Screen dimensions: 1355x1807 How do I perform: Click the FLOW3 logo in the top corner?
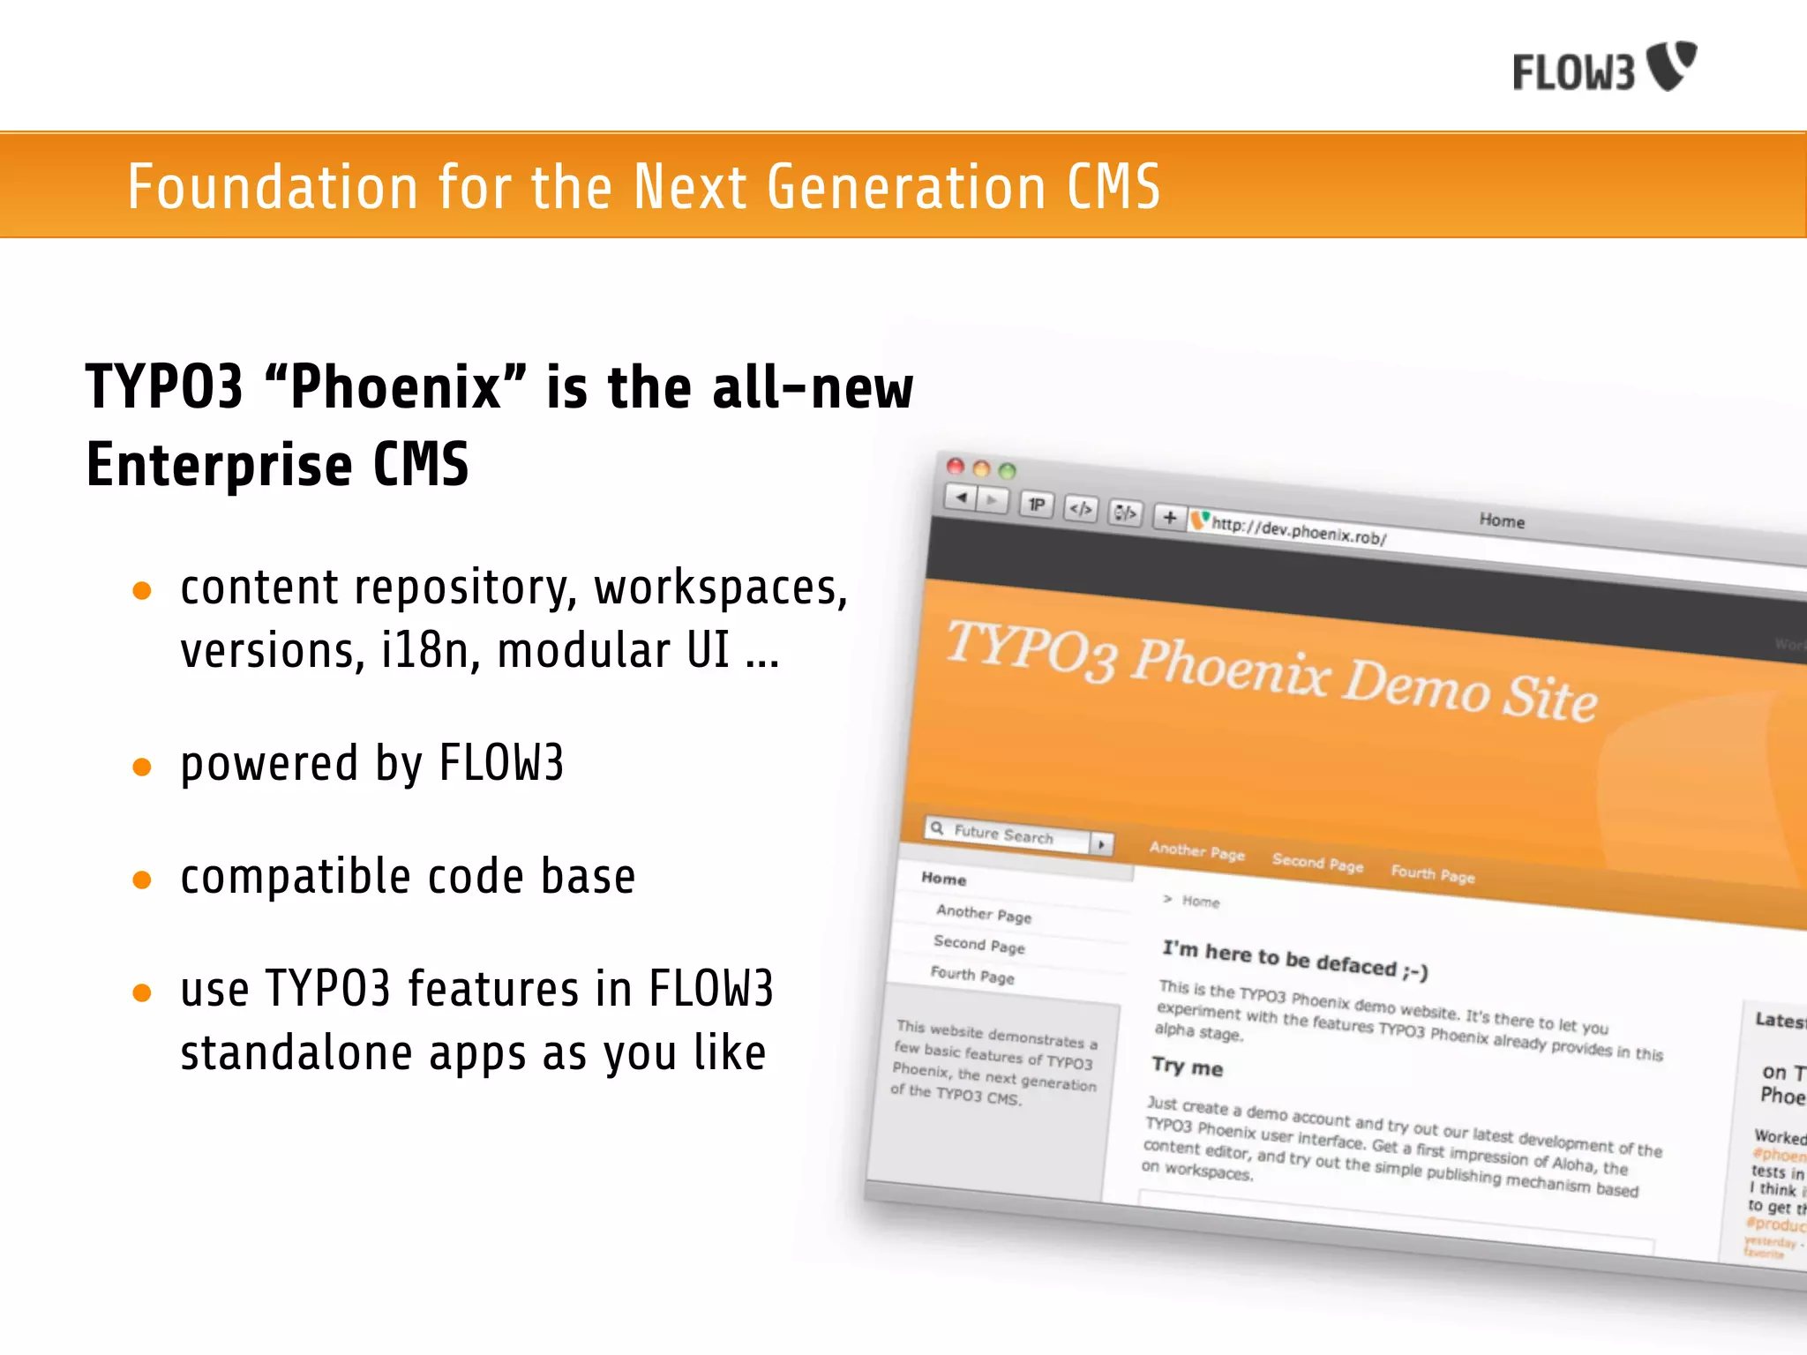pyautogui.click(x=1604, y=68)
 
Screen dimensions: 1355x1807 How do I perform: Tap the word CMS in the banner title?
pyautogui.click(x=1113, y=187)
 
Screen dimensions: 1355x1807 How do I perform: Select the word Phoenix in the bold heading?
pyautogui.click(x=395, y=388)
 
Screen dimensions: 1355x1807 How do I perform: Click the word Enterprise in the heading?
pyautogui.click(x=219, y=466)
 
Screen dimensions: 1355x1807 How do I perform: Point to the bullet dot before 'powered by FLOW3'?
pyautogui.click(x=142, y=767)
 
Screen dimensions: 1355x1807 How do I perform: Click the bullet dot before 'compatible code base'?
pyautogui.click(x=142, y=880)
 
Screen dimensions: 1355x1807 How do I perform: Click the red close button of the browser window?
pyautogui.click(x=956, y=466)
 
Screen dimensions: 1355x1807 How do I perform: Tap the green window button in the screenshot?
pyautogui.click(x=1007, y=471)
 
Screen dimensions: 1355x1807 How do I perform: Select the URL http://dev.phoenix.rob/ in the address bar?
pyautogui.click(x=1298, y=531)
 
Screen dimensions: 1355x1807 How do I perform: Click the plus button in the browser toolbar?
pyautogui.click(x=1169, y=517)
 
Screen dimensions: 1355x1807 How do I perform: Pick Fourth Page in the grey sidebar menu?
pyautogui.click(x=972, y=975)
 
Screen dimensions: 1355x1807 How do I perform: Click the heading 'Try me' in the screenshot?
pyautogui.click(x=1187, y=1067)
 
